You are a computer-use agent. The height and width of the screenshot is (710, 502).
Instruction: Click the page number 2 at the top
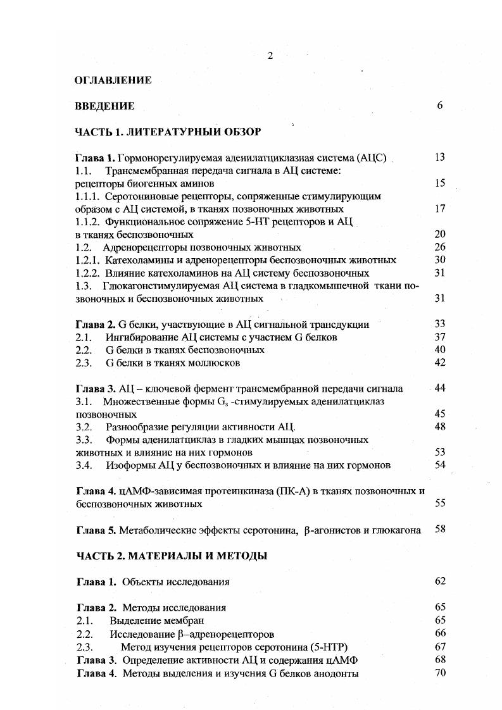pyautogui.click(x=270, y=56)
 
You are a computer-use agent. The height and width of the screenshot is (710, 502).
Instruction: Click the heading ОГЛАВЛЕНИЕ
pyautogui.click(x=113, y=80)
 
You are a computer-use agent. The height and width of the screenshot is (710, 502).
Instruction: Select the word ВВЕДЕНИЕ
pyautogui.click(x=104, y=106)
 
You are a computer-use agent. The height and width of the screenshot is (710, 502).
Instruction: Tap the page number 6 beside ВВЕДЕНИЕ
pyautogui.click(x=439, y=106)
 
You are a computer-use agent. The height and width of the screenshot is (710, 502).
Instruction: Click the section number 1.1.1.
pyautogui.click(x=88, y=196)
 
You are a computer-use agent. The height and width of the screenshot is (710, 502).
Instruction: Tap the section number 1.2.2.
pyautogui.click(x=88, y=273)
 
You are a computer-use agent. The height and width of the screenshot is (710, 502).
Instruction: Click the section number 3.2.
pyautogui.click(x=84, y=427)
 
